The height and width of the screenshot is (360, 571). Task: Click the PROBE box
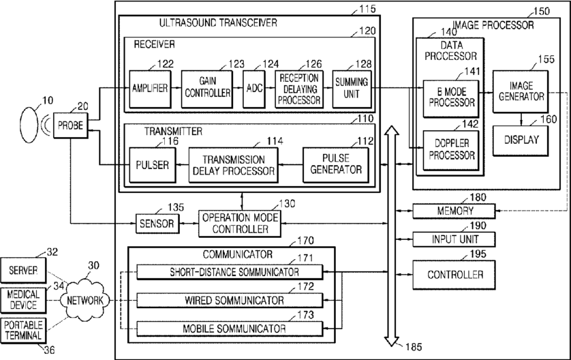click(71, 125)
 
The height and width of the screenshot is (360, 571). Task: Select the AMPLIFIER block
click(150, 89)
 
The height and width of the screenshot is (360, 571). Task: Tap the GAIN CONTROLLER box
click(207, 89)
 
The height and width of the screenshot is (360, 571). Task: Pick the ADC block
click(254, 89)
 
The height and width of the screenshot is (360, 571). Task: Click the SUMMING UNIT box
click(352, 89)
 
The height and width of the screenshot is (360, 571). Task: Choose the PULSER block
click(153, 165)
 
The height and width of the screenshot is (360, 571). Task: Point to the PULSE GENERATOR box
click(336, 165)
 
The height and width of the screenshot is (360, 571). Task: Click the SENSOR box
click(157, 224)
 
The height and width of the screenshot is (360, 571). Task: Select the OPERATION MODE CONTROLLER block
click(240, 224)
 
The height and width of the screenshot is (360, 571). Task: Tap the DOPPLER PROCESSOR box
click(451, 150)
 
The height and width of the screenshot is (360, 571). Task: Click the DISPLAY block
click(521, 140)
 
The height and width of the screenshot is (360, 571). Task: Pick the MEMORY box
click(454, 211)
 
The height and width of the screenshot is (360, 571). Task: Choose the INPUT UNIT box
click(454, 239)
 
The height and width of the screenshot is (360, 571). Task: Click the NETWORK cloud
click(85, 300)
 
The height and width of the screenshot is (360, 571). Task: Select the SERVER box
click(23, 271)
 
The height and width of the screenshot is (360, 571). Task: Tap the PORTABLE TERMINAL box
click(23, 331)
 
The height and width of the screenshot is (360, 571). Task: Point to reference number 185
click(414, 347)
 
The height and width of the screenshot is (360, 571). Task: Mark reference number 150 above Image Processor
click(542, 12)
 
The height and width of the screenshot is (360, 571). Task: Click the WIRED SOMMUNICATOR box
click(230, 301)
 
